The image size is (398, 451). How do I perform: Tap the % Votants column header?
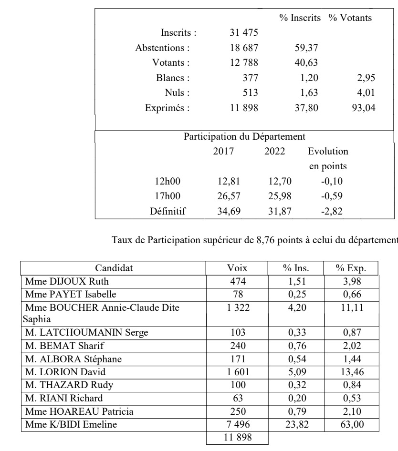(x=350, y=18)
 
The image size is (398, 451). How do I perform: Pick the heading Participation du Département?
(x=244, y=137)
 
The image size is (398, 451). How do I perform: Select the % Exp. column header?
(x=351, y=268)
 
